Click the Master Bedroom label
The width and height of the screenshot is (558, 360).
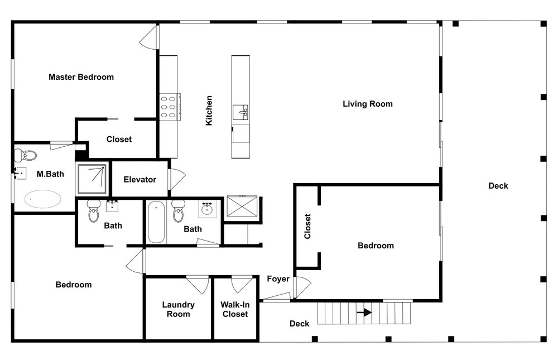(81, 77)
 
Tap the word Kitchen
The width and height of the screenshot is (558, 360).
(209, 111)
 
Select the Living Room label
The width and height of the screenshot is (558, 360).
(368, 104)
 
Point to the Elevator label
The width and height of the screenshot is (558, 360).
(140, 180)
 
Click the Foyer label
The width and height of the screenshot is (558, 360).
(278, 279)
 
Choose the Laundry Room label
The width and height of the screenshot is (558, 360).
(179, 309)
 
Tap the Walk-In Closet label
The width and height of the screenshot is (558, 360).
(235, 309)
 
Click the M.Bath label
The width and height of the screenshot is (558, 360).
(50, 174)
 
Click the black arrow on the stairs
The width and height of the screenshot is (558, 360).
(364, 313)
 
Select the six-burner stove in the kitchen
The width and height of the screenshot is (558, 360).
(170, 107)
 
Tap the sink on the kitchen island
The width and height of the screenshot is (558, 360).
(240, 113)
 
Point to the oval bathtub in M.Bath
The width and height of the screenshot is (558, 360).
(43, 199)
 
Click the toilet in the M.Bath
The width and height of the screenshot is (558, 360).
(26, 155)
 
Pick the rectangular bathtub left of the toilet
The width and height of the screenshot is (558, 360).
(156, 222)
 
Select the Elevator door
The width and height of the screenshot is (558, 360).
(177, 179)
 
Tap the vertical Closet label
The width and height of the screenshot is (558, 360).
(307, 226)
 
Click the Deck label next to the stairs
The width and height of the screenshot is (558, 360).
(299, 324)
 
